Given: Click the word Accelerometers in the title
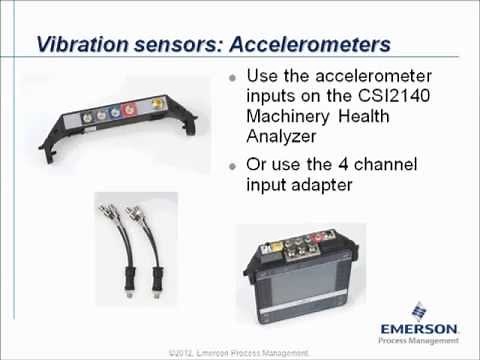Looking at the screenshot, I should coord(305,45).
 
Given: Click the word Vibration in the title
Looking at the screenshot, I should coord(82,45).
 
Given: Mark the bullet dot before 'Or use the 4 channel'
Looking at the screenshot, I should coord(233,165).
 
